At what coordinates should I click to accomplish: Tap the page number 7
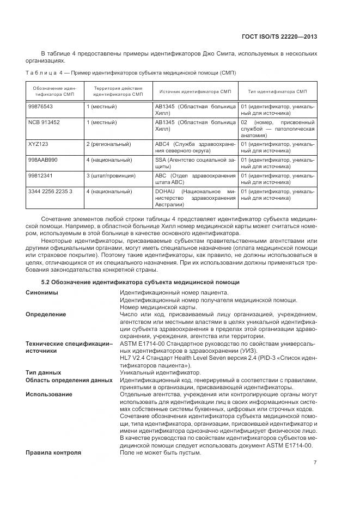coord(315,463)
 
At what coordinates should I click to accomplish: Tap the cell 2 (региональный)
coord(108,144)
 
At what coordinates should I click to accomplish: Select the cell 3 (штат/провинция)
coord(111,176)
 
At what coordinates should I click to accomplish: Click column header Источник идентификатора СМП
coord(195,91)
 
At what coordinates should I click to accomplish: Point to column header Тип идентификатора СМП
coord(277,91)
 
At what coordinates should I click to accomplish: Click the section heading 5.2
coord(141,281)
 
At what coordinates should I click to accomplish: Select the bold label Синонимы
coord(42,292)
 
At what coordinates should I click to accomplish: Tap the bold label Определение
coord(46,314)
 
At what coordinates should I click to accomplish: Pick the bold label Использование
coord(49,394)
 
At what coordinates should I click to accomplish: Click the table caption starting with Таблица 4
coord(130,72)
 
